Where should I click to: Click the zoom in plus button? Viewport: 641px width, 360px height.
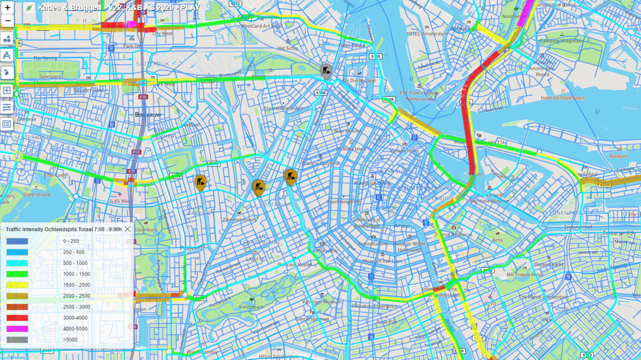point(7,8)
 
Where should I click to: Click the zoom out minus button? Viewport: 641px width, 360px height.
point(7,21)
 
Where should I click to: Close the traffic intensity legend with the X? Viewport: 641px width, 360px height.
point(127,229)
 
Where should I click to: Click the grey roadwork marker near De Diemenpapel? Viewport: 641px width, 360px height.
point(326,71)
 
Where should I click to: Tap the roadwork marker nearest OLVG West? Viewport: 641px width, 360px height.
point(200,182)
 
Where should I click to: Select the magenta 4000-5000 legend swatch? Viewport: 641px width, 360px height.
point(17,329)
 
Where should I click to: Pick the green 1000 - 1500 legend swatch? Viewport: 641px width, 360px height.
point(17,274)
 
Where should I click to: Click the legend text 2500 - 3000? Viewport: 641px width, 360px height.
point(77,307)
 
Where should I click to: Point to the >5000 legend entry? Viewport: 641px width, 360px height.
point(70,340)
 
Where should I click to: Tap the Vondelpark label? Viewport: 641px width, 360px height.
point(250,306)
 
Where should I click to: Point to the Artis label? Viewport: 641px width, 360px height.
point(497,240)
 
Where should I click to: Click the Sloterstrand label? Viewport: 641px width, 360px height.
point(36,194)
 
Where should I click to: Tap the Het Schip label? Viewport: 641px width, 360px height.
point(287,48)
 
